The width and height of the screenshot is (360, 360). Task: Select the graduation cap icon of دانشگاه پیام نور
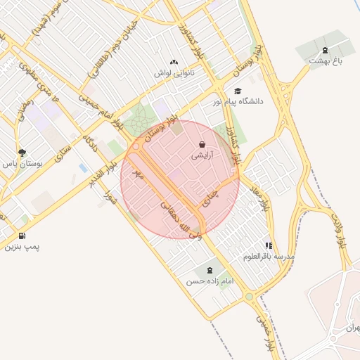click(x=238, y=91)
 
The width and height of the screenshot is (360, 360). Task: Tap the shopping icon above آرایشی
click(x=202, y=145)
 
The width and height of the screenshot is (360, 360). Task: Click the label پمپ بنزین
click(x=22, y=247)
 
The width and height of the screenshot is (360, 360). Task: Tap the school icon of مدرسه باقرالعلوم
click(x=269, y=245)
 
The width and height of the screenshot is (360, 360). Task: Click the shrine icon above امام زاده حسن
click(x=208, y=270)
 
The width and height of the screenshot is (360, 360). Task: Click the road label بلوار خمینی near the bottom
click(x=263, y=331)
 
